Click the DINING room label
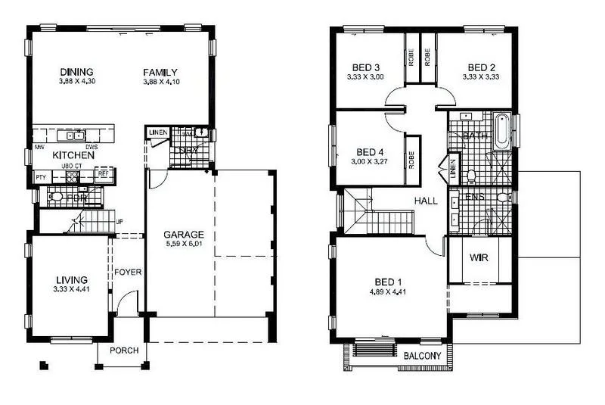point(77,72)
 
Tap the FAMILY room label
point(160,72)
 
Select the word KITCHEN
point(73,155)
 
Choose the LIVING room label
point(71,279)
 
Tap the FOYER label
point(128,272)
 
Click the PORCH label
point(123,350)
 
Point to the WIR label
point(478,258)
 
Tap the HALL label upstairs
point(424,201)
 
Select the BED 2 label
point(480,66)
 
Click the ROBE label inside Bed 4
point(412,160)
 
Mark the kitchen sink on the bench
point(75,136)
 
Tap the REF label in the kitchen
point(104,174)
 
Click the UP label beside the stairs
point(119,222)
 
